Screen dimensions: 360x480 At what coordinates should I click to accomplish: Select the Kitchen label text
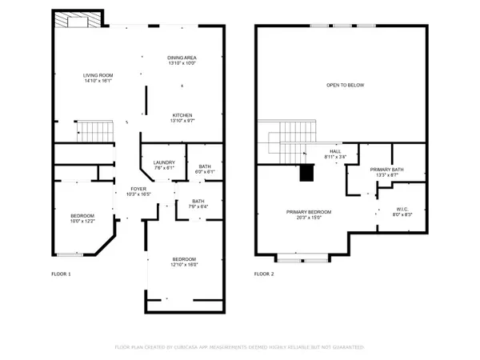(182, 118)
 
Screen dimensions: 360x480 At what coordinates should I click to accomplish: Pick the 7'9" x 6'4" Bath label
(199, 204)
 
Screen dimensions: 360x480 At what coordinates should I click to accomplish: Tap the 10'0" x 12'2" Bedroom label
(82, 218)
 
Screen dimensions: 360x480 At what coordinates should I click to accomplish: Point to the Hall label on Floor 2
(336, 154)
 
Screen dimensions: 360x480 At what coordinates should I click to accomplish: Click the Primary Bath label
(385, 173)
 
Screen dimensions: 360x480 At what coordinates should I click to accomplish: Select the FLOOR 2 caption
(264, 274)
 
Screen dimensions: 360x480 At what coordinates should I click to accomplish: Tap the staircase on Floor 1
(95, 129)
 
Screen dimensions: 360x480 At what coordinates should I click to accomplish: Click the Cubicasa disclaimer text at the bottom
(240, 348)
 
